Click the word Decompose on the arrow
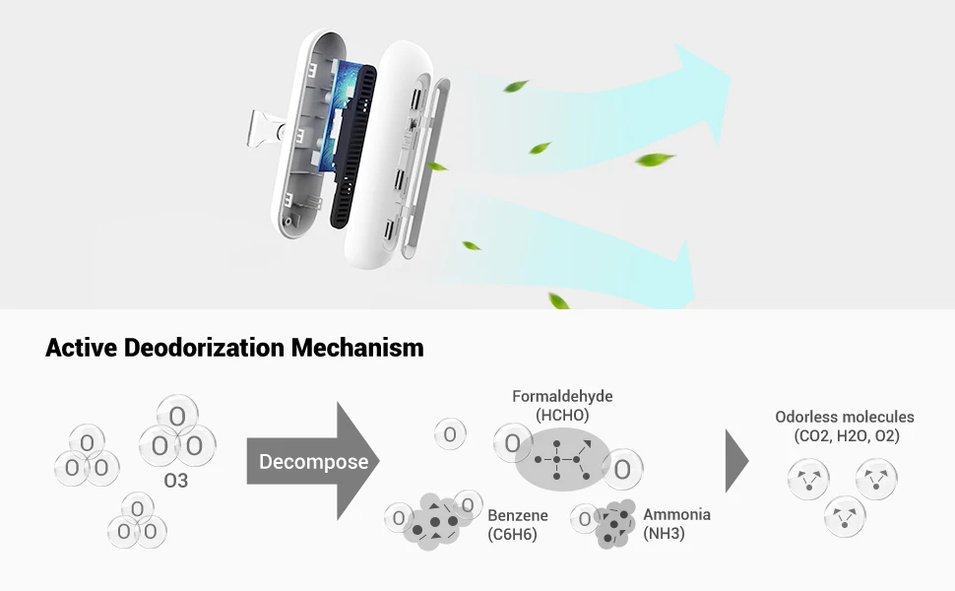313,462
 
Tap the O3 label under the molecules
175,482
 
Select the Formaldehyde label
562,396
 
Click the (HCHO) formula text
562,415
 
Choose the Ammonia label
676,514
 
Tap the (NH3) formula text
664,534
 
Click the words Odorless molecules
844,417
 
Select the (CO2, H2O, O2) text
847,435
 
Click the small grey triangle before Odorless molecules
735,460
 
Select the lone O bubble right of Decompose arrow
449,433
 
